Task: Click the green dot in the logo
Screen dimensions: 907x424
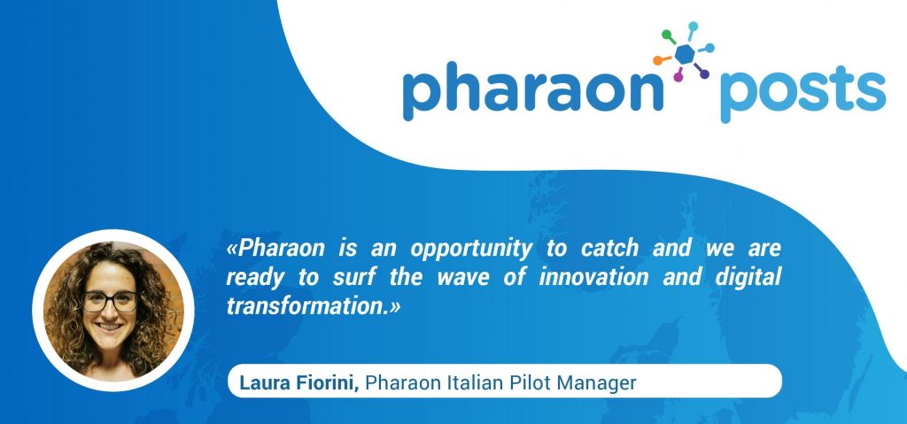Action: tap(666, 35)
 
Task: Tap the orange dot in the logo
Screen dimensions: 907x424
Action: tap(658, 60)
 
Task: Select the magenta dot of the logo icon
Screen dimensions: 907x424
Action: tap(678, 77)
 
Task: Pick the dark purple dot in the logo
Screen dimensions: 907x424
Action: tap(704, 74)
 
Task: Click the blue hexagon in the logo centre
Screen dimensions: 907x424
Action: tap(685, 54)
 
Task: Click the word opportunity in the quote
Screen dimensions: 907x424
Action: tap(471, 250)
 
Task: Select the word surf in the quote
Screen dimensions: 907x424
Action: tap(354, 277)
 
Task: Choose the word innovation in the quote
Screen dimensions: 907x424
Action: tap(594, 277)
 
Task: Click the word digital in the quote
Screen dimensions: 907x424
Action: tap(748, 278)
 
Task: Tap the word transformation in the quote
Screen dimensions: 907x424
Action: tap(306, 306)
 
